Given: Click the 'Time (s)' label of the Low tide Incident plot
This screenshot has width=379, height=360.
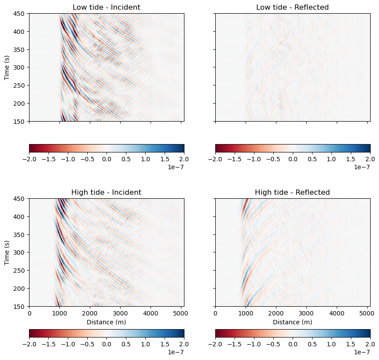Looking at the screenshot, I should click(x=7, y=67).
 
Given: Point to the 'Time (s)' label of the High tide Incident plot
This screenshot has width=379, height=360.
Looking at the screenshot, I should click(x=7, y=252).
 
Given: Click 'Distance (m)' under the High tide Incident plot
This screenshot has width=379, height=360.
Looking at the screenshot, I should click(x=107, y=322).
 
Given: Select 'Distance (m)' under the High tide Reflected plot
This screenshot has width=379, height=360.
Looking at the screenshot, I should click(x=293, y=322).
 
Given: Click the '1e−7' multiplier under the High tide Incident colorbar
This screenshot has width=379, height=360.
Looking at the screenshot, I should click(x=177, y=352).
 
